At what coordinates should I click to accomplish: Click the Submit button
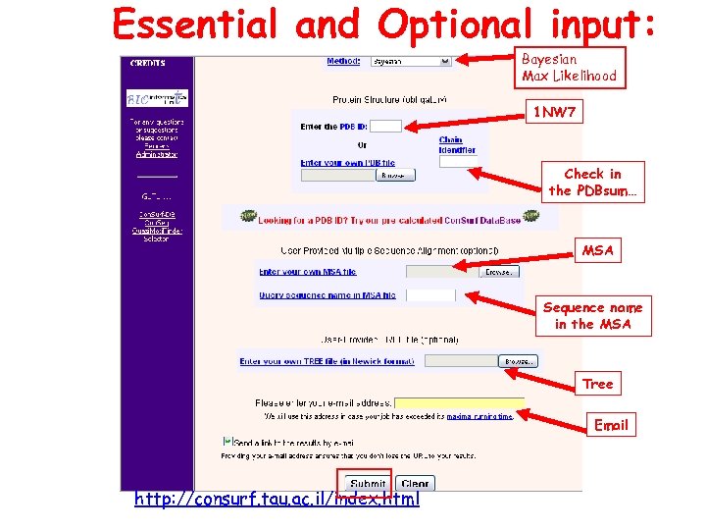click(x=368, y=484)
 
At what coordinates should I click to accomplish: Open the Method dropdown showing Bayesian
click(x=411, y=61)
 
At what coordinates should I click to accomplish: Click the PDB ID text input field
click(x=386, y=127)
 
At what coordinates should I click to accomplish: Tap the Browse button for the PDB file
click(x=392, y=176)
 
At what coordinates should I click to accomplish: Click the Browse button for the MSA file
click(x=497, y=272)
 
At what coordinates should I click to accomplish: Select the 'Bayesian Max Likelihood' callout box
click(x=569, y=68)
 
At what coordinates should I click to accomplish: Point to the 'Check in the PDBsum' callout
click(x=592, y=183)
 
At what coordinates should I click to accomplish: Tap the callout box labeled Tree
click(x=597, y=384)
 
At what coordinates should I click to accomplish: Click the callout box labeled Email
click(x=610, y=425)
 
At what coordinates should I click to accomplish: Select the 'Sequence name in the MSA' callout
click(x=592, y=316)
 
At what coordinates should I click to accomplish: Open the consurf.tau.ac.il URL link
click(x=277, y=500)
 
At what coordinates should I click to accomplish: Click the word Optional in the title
click(x=461, y=25)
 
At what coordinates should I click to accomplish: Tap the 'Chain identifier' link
click(x=456, y=145)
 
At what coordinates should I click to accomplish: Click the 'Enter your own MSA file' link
click(x=308, y=272)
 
